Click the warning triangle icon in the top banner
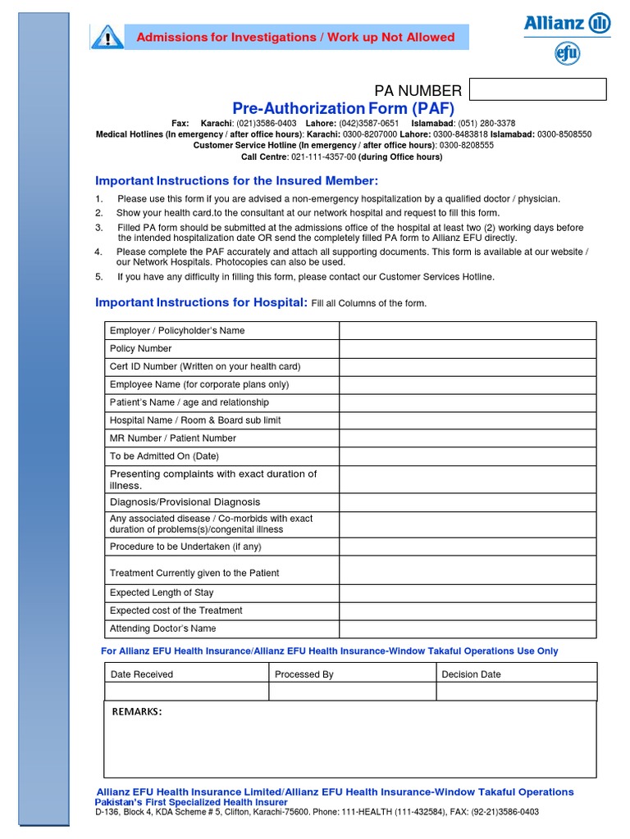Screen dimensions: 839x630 pos(107,38)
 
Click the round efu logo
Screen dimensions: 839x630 pos(567,54)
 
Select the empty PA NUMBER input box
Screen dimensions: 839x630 pos(538,89)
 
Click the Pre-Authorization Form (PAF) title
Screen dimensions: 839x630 pos(343,109)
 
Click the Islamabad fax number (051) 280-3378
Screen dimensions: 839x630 pos(484,123)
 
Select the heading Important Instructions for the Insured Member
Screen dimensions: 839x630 pos(237,180)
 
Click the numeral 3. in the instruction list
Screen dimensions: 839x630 pos(98,228)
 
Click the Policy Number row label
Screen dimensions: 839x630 pos(140,348)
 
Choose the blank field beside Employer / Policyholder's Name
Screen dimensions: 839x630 pos(468,330)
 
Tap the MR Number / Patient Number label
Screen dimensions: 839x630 pos(172,438)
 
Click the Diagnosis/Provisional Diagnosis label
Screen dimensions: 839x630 pos(185,502)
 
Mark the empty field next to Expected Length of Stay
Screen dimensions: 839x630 pos(468,592)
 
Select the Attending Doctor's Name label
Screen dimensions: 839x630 pos(162,628)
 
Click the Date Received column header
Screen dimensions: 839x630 pos(142,674)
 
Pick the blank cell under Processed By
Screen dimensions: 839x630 pos(352,692)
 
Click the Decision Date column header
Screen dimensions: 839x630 pos(471,674)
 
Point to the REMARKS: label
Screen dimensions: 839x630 pos(137,711)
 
